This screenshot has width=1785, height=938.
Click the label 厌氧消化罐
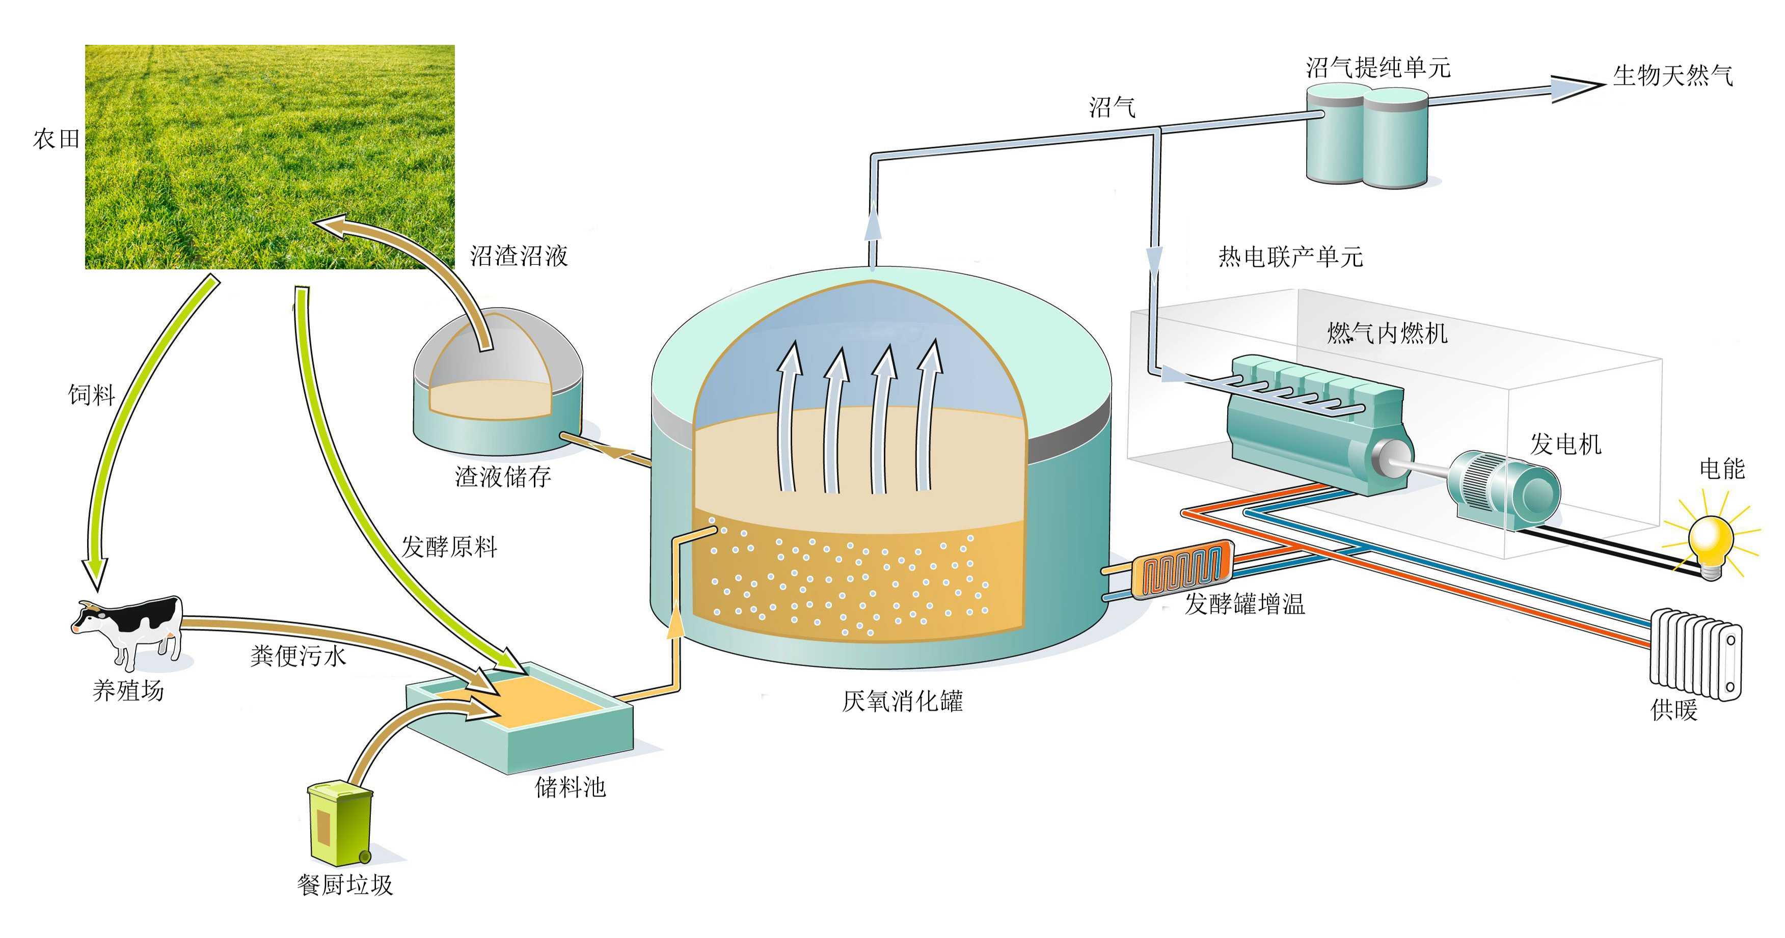pos(902,702)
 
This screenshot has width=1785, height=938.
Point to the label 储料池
pos(570,787)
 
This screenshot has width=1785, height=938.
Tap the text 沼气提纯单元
pos(1377,68)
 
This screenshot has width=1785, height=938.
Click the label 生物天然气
pos(1672,75)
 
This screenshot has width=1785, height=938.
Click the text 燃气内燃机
pos(1387,333)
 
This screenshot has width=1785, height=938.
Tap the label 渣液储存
pos(503,477)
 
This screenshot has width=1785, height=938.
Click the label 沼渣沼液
pos(519,256)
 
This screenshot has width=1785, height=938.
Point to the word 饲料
pos(92,395)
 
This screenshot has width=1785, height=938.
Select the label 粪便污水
pos(298,655)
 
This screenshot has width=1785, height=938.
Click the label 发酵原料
pos(449,547)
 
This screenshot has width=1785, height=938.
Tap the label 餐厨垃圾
pos(345,885)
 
